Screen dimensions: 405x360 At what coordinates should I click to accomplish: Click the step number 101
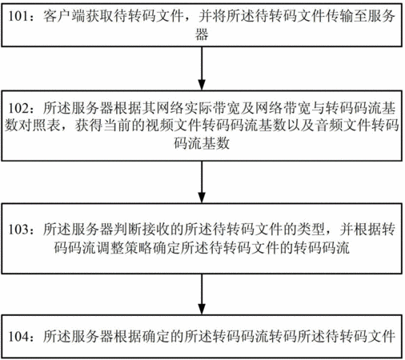pos(18,16)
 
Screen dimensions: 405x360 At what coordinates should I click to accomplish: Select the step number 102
pos(18,108)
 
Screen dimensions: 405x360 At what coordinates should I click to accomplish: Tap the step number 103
pos(18,229)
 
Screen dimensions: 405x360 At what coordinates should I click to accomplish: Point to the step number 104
pos(18,336)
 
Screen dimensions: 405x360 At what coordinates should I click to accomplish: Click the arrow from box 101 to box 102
pos(202,69)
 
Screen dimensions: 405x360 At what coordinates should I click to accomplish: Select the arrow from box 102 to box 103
pos(202,182)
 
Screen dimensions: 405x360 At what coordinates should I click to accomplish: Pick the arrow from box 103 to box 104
pos(202,294)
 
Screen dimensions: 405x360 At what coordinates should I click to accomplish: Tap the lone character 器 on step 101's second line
pos(202,34)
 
